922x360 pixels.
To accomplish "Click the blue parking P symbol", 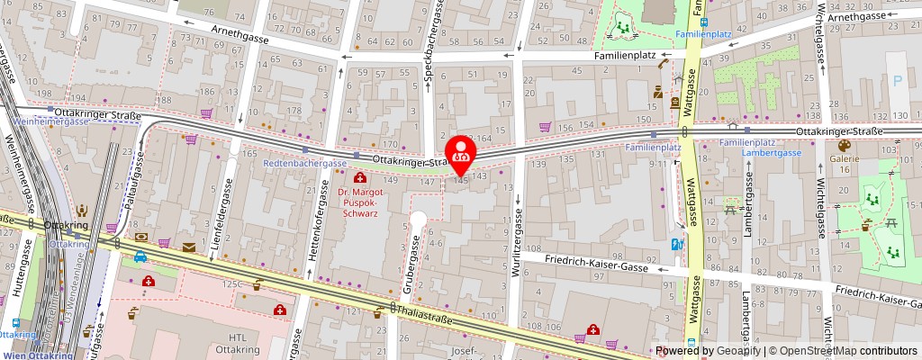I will [x=897, y=80].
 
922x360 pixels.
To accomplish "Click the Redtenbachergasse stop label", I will [x=305, y=163].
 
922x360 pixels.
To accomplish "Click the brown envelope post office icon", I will [x=189, y=246].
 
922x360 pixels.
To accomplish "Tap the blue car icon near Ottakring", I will [x=140, y=257].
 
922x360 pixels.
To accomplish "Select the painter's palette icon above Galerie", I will [x=845, y=145].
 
